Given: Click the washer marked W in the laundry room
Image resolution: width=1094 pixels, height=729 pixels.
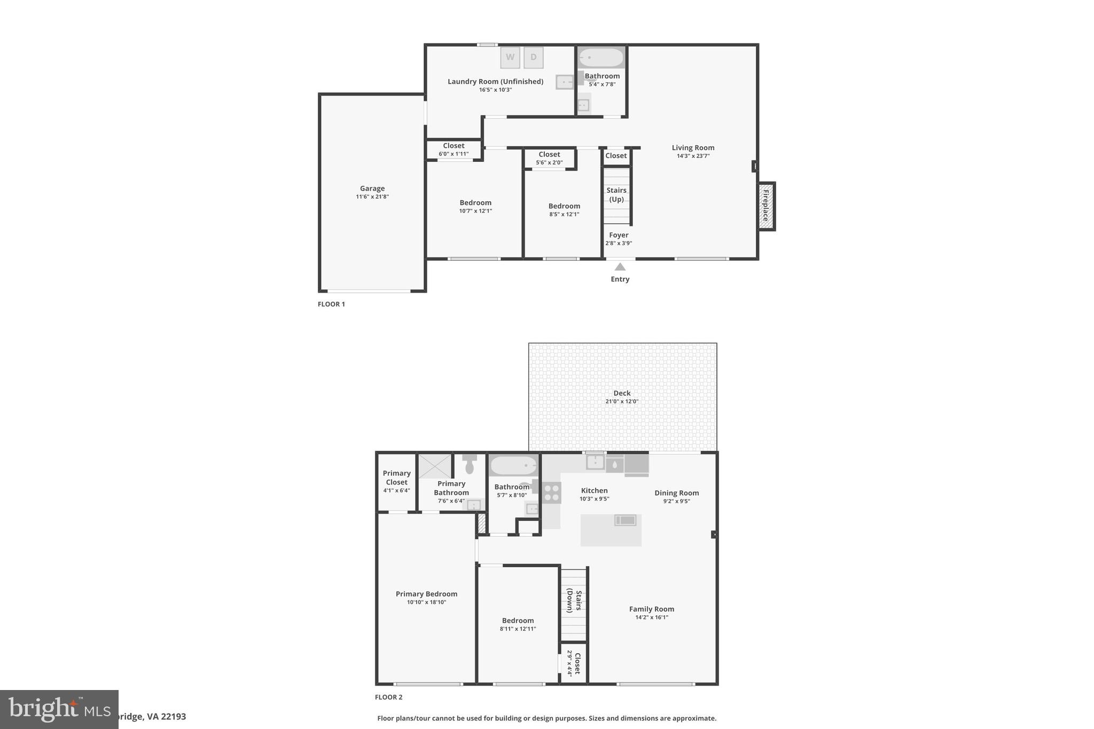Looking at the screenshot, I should coord(510,58).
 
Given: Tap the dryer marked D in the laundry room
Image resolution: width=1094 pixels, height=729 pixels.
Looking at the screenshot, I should coord(533,58).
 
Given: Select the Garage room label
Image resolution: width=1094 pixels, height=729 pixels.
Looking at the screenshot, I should coord(372,189).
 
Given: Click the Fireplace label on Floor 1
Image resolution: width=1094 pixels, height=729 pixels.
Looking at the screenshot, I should coord(765,206).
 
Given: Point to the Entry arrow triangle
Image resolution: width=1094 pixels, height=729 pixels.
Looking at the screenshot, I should coord(620,266).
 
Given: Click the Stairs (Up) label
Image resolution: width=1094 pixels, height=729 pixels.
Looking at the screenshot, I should coord(616,195).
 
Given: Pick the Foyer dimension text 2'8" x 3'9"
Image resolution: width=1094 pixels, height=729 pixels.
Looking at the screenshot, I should coord(619,243).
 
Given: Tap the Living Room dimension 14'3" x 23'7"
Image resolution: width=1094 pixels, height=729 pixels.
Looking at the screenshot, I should coord(693,156).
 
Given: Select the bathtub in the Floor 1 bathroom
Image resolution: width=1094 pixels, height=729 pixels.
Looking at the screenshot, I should coord(601,58).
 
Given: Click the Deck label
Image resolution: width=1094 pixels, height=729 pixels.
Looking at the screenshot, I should coord(622,393).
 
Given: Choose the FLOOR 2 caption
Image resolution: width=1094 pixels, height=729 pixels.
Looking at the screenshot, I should coord(388,697).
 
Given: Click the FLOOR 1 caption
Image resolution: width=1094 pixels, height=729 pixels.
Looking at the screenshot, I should coord(331,304).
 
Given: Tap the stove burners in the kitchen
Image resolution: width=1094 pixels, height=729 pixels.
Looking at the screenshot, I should coord(552,492).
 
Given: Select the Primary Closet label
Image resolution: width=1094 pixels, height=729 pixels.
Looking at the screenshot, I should coord(396,477).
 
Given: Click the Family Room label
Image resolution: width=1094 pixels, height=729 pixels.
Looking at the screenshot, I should coord(651,609).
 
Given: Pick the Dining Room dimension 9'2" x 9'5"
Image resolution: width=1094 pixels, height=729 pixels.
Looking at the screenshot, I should coord(676,501).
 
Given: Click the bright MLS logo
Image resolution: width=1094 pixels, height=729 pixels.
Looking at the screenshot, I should coord(59,709).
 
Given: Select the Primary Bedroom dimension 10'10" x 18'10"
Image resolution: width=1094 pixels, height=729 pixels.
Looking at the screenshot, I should coord(426,602).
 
